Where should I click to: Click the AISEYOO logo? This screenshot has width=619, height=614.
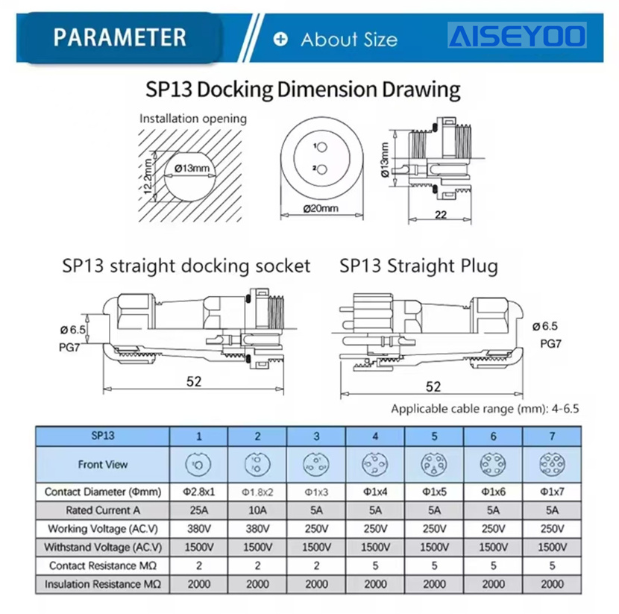[517, 36]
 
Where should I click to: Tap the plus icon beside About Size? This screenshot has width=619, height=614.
[280, 39]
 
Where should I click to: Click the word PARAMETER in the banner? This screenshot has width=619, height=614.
[119, 37]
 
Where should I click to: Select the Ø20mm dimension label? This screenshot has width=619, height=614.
[321, 207]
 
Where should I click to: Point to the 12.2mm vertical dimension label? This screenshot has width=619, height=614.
[148, 176]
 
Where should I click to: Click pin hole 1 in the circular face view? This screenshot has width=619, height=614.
[322, 147]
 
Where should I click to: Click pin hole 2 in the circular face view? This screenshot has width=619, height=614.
[322, 170]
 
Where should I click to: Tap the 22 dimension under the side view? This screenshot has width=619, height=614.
[441, 214]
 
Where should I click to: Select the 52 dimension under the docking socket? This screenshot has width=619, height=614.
[194, 381]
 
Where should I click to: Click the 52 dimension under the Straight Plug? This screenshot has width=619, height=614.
[433, 386]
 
